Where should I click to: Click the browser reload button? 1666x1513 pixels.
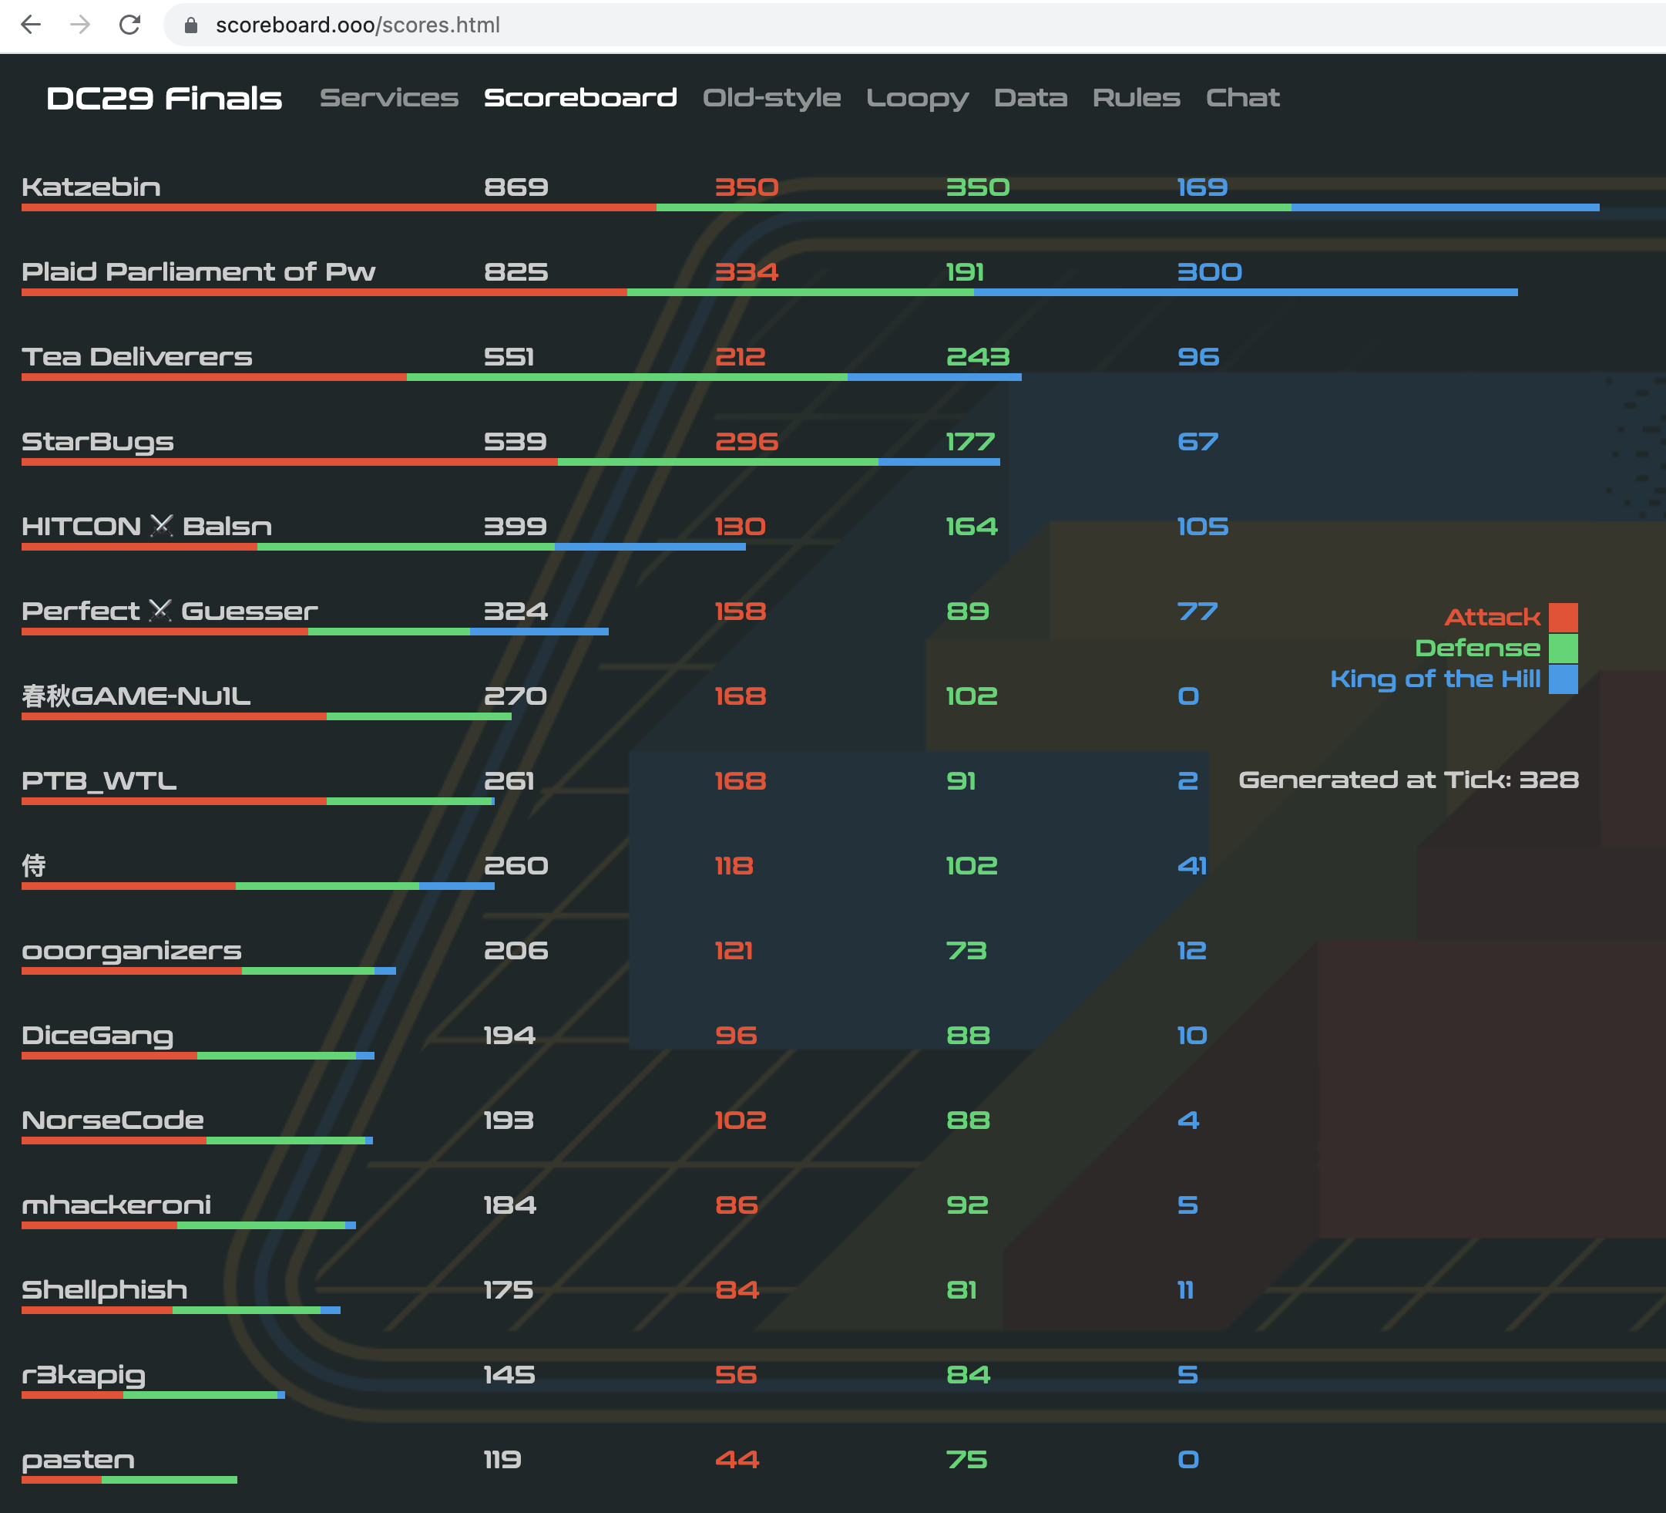[129, 25]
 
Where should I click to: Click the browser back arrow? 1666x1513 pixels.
[31, 25]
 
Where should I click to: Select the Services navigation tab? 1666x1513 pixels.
[388, 98]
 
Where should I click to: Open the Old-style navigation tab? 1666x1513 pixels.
[771, 98]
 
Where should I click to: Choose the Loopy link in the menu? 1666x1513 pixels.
[917, 98]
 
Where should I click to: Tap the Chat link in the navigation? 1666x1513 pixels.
[1242, 98]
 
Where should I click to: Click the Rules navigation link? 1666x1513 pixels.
[1137, 98]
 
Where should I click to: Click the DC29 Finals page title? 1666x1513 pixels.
[163, 99]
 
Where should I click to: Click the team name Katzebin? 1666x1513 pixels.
[91, 187]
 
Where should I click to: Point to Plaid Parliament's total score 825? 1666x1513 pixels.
[516, 272]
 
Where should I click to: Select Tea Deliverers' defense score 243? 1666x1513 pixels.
[978, 357]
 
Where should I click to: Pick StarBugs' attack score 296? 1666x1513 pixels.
[746, 442]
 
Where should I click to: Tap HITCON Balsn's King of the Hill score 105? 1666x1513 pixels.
[1202, 527]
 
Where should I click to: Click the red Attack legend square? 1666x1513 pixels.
[1563, 617]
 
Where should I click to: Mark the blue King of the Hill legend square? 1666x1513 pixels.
[1563, 679]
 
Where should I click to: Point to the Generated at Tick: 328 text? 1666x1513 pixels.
[1408, 780]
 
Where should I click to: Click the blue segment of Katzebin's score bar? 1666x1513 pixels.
[1445, 207]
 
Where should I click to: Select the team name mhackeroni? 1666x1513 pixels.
[116, 1205]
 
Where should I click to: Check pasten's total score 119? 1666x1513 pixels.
[502, 1460]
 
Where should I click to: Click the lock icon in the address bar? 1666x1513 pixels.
[191, 25]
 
